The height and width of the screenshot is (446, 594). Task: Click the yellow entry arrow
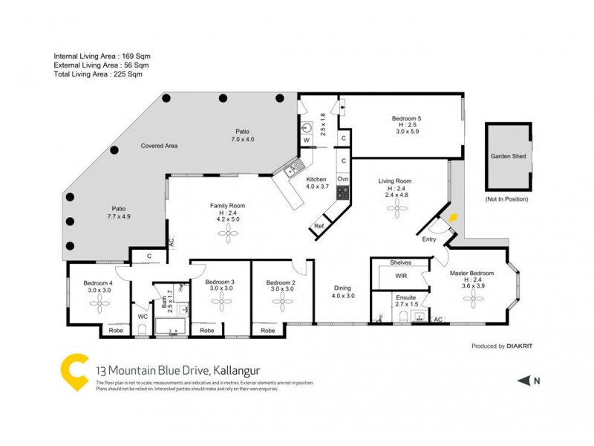[x=454, y=218]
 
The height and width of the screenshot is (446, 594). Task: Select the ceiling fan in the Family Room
[x=227, y=234]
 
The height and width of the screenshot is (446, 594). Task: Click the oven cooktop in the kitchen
[x=343, y=192]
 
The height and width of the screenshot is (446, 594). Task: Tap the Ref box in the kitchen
[x=319, y=226]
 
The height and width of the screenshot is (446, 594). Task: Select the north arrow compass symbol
[x=525, y=381]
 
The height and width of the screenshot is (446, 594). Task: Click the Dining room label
[x=342, y=288]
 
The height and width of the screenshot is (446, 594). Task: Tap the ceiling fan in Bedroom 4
[x=98, y=305]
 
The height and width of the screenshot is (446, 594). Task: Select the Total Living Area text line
[x=98, y=74]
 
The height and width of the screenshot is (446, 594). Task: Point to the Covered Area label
[x=159, y=146]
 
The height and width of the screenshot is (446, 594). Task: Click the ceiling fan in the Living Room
[x=394, y=210]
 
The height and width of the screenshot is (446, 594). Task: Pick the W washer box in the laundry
[x=306, y=139]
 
